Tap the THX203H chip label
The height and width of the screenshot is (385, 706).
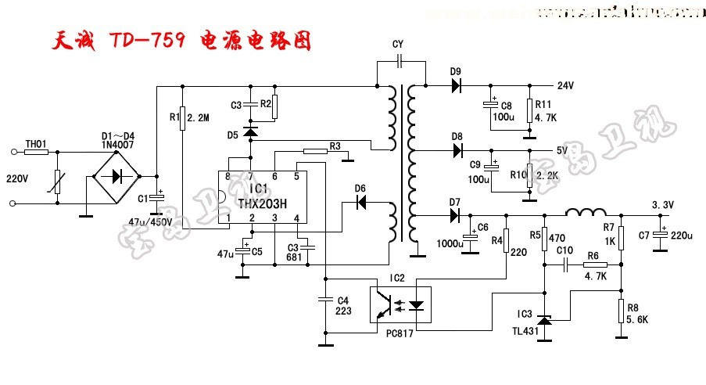pos(262,203)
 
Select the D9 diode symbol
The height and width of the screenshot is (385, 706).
pos(456,85)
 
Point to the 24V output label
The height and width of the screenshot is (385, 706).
pos(565,85)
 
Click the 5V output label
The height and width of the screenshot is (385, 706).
pos(562,150)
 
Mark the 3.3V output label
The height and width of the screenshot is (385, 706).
pos(662,205)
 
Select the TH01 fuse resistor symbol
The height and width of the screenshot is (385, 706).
pos(36,153)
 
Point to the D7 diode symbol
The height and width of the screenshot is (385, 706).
pos(454,215)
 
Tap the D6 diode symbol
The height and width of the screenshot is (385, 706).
pos(361,202)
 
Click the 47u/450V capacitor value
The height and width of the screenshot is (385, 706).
pos(149,221)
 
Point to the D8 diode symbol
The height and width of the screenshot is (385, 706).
pos(457,149)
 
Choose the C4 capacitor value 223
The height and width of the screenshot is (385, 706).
pos(342,311)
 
